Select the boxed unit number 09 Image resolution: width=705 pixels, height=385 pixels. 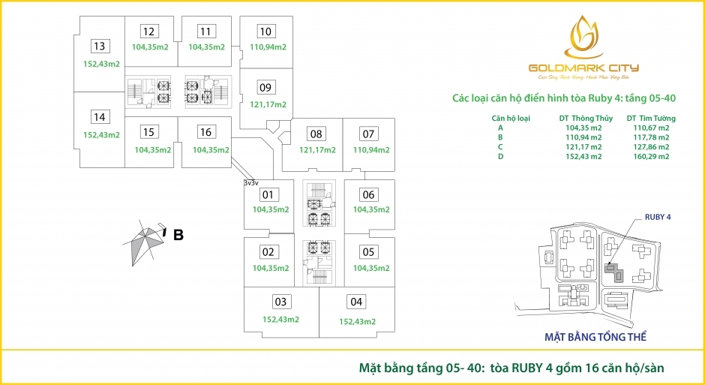[265, 86]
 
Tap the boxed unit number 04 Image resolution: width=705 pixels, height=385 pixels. [356, 302]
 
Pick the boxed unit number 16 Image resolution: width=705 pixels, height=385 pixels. [205, 132]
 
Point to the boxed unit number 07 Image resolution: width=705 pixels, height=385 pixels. [367, 134]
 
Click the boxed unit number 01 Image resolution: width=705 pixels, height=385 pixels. [266, 194]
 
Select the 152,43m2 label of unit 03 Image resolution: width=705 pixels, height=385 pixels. [280, 320]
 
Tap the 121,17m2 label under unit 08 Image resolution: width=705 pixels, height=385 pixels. [317, 150]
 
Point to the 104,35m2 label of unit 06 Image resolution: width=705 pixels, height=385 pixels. [370, 210]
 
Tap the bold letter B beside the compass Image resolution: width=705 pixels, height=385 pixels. [178, 235]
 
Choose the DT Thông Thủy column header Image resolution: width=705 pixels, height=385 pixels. [586, 119]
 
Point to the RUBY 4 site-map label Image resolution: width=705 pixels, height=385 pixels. [657, 217]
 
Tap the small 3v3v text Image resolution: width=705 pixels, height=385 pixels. [250, 182]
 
